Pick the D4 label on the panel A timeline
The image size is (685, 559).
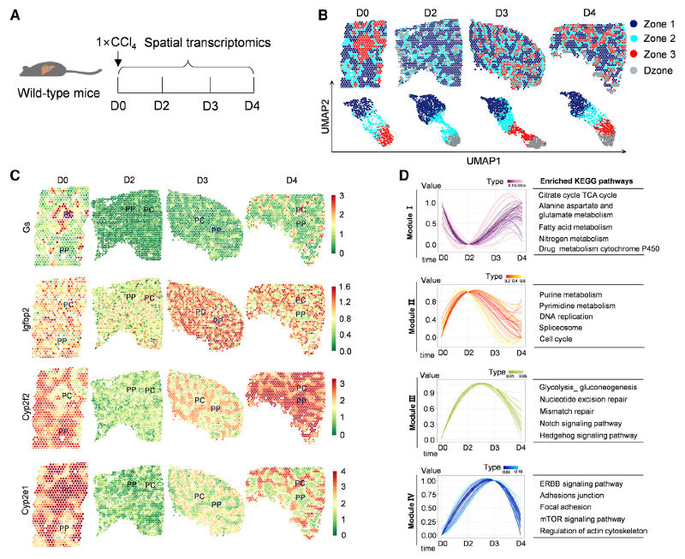(252, 105)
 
